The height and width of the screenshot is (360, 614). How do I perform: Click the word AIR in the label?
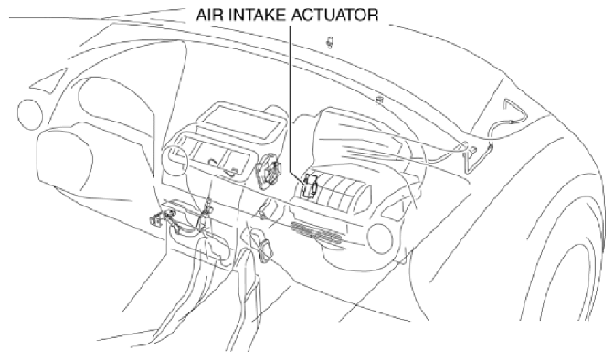pyautogui.click(x=208, y=15)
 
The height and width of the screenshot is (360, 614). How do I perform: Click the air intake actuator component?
pyautogui.click(x=310, y=185)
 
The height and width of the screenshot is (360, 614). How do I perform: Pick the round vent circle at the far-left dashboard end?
pyautogui.click(x=30, y=114)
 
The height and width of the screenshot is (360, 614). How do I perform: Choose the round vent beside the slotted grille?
pyautogui.click(x=379, y=239)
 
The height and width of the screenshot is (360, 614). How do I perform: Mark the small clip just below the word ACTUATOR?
pyautogui.click(x=331, y=42)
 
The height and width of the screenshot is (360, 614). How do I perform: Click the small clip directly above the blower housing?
pyautogui.click(x=379, y=100)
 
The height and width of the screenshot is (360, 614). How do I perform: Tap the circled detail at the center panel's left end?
pyautogui.click(x=175, y=155)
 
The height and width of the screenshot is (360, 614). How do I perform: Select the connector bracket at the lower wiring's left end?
pyautogui.click(x=156, y=221)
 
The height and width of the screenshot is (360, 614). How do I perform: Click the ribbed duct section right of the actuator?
pyautogui.click(x=344, y=187)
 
